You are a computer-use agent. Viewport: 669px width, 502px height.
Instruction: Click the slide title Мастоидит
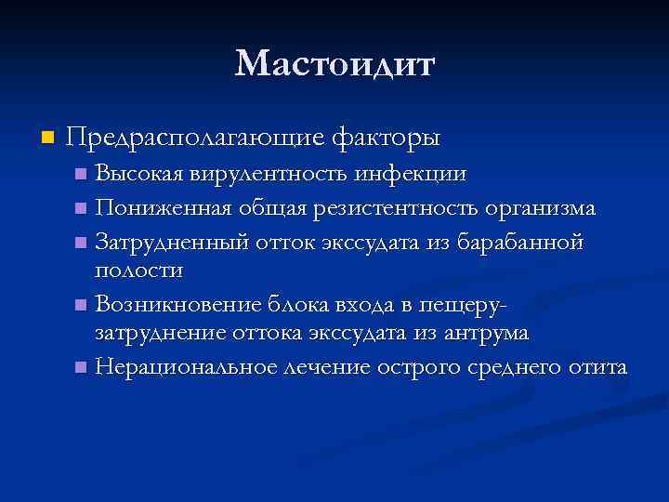(x=334, y=64)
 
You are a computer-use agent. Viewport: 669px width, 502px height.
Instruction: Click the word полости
(x=139, y=270)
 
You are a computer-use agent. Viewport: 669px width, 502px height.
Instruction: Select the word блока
(x=293, y=303)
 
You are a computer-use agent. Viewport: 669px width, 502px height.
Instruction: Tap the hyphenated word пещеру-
(x=468, y=305)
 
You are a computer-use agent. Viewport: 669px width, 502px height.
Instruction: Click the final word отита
(x=595, y=366)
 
